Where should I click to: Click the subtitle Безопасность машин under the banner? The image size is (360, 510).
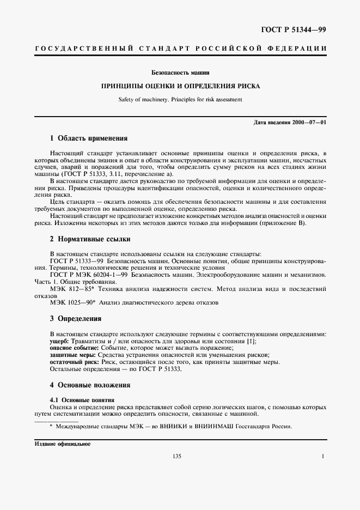click(180, 72)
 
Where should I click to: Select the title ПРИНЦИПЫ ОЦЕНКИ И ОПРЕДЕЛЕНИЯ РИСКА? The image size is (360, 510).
click(180, 86)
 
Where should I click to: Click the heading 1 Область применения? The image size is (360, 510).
click(88, 138)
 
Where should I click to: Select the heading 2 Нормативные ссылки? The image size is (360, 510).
click(90, 239)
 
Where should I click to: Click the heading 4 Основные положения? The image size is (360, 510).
click(90, 385)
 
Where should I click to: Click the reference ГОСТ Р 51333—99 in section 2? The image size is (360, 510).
click(75, 261)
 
